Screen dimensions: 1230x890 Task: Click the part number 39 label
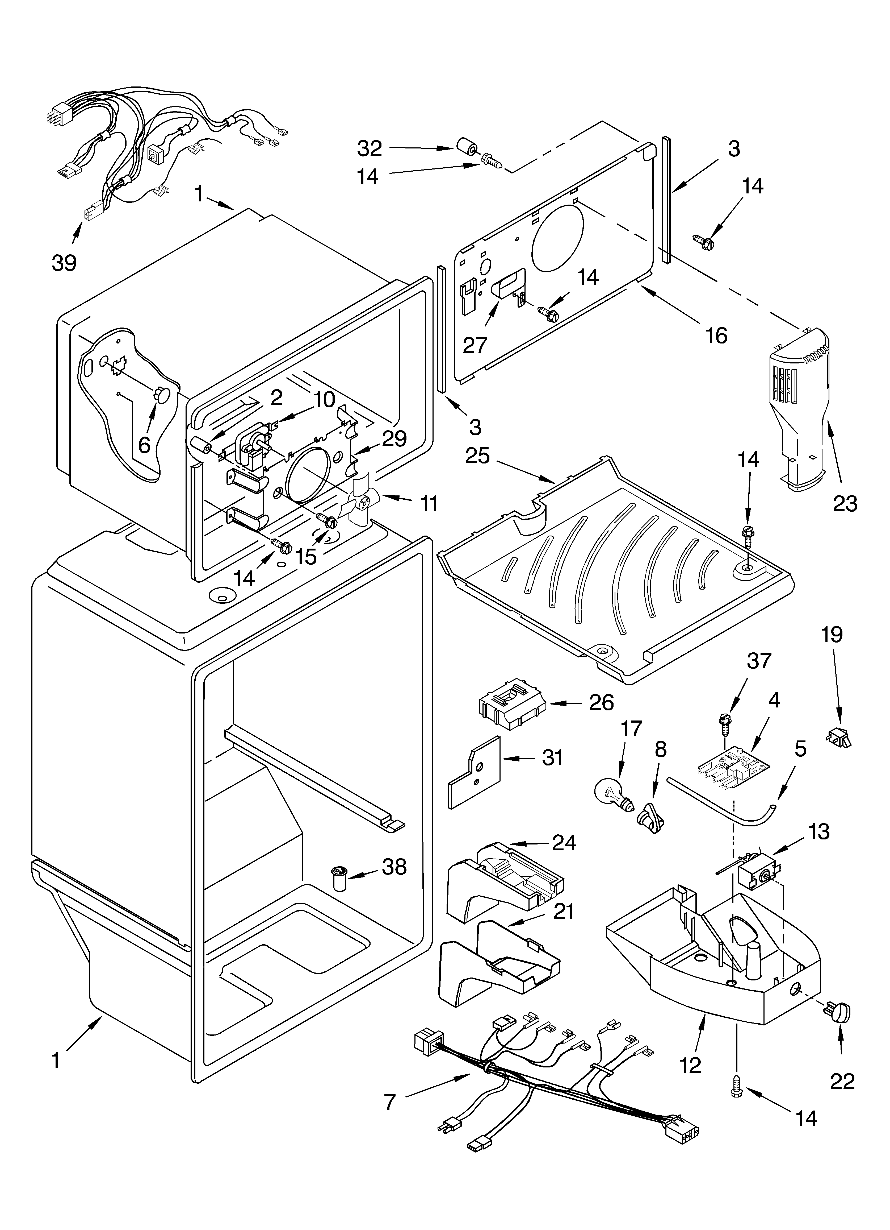point(64,263)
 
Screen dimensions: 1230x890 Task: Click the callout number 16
point(717,336)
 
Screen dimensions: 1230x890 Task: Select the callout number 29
point(394,438)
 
